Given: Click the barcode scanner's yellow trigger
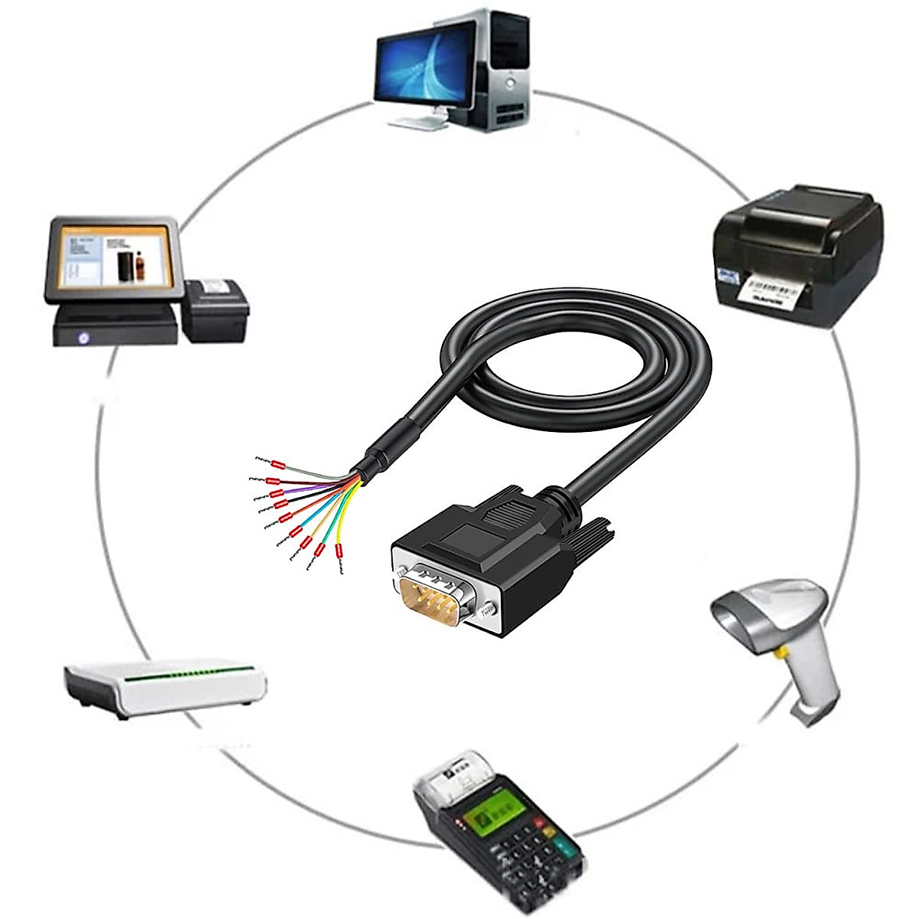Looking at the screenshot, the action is click(782, 652).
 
